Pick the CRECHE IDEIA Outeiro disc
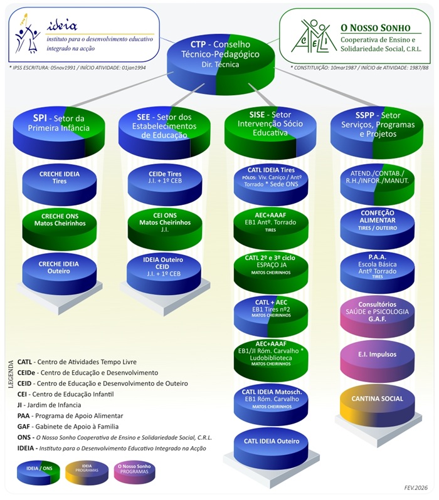(x=60, y=269)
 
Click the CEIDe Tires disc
(x=165, y=179)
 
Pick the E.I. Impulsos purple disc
(x=376, y=355)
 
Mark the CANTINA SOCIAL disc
(x=376, y=401)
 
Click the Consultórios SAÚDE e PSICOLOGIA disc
(x=376, y=312)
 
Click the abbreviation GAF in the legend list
(x=24, y=426)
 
